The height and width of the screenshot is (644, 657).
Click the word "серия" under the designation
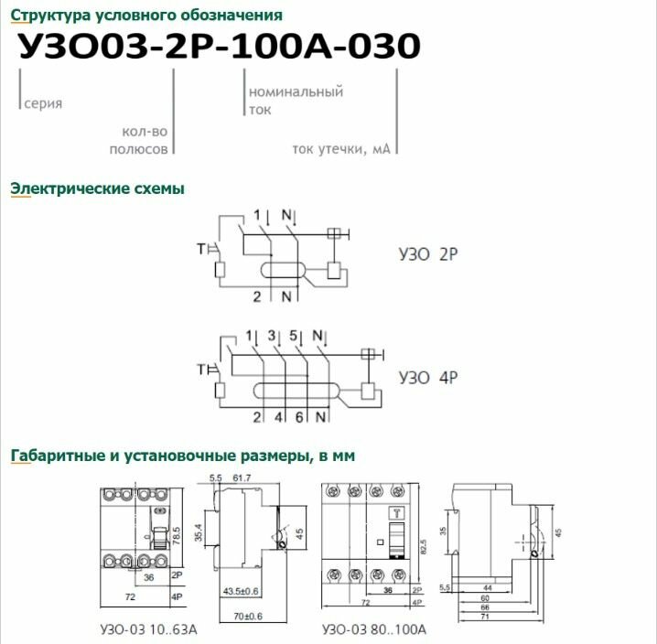(x=44, y=104)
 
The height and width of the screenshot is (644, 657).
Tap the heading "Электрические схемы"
(x=97, y=188)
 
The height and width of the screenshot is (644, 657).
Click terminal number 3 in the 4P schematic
(x=273, y=336)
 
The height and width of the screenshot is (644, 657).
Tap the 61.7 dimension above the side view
(x=243, y=478)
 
